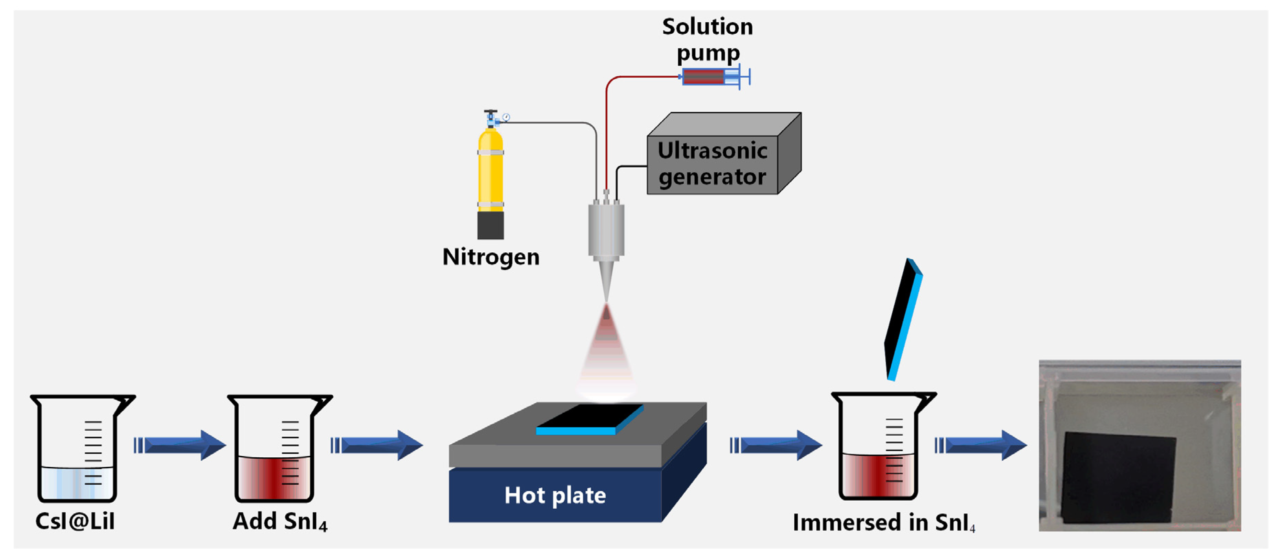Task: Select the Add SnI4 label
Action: click(x=280, y=522)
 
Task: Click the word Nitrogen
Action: click(x=491, y=257)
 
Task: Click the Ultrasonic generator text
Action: click(x=713, y=164)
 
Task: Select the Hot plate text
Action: click(x=555, y=495)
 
